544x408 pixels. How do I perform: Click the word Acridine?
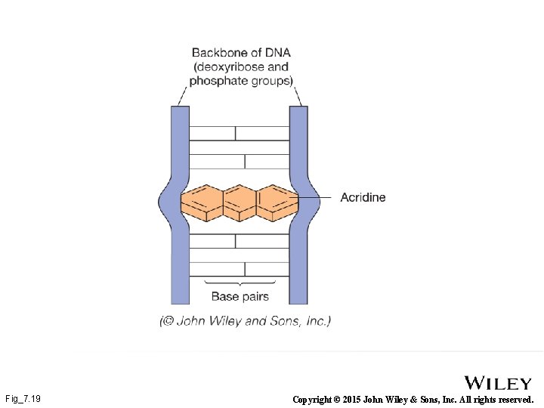tap(363, 197)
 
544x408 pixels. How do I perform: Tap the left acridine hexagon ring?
tap(201, 202)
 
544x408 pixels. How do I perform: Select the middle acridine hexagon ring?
tap(240, 202)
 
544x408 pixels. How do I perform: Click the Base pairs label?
tap(240, 296)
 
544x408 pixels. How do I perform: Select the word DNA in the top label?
tap(276, 53)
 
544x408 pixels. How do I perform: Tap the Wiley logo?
tap(497, 383)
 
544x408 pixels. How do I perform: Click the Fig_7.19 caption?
tap(23, 398)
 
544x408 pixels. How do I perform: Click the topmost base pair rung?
tap(240, 134)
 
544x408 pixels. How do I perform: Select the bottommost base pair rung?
tap(240, 268)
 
